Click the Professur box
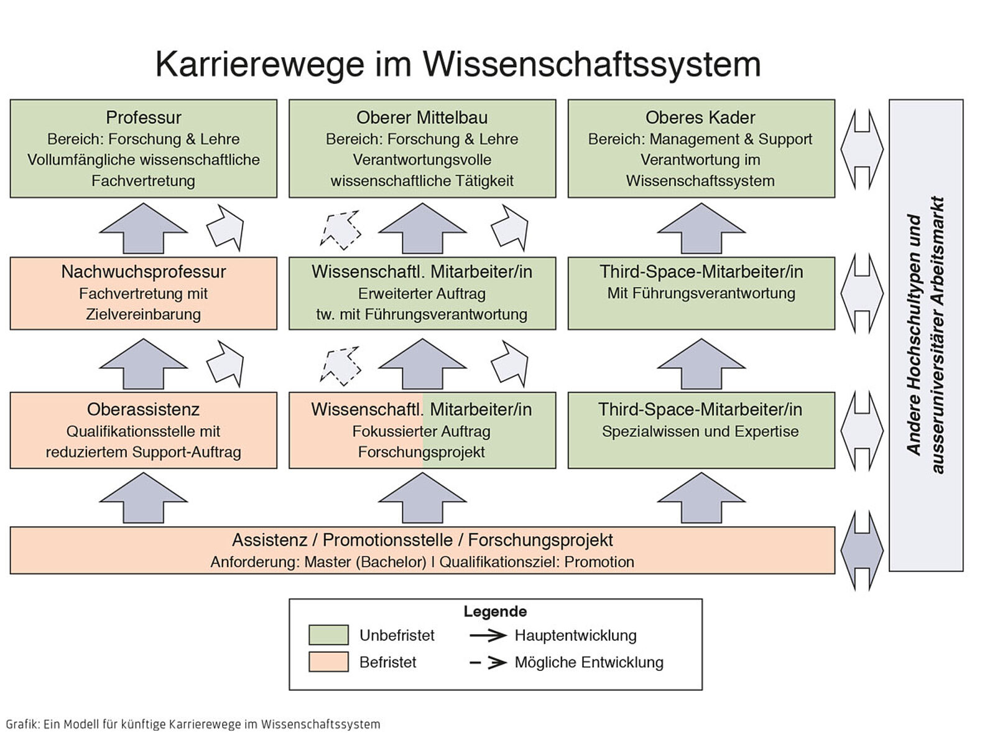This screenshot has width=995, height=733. (x=143, y=149)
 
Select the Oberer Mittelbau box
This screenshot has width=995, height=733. (x=422, y=149)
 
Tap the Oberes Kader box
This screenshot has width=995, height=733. (x=701, y=149)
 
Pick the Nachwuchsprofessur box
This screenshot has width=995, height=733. (x=143, y=293)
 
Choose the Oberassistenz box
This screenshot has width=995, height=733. (x=143, y=430)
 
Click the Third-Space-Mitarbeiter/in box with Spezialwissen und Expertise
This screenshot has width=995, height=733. (x=701, y=430)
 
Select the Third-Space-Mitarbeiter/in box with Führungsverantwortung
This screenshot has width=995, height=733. (x=701, y=293)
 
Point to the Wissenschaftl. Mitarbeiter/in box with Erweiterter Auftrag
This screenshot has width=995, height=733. (x=422, y=293)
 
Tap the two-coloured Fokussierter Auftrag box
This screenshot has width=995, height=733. (x=422, y=430)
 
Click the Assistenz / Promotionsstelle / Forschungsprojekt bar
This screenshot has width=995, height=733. (x=422, y=550)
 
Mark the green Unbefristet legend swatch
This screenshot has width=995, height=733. (x=328, y=635)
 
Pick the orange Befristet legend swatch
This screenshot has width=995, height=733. (x=328, y=661)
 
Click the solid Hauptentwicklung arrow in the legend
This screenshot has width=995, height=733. (x=488, y=635)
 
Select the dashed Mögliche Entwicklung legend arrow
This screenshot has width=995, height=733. (x=488, y=663)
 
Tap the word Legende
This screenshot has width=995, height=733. (x=495, y=612)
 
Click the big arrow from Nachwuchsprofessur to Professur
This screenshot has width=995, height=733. (x=143, y=228)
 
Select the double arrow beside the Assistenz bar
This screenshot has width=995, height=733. (x=862, y=550)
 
